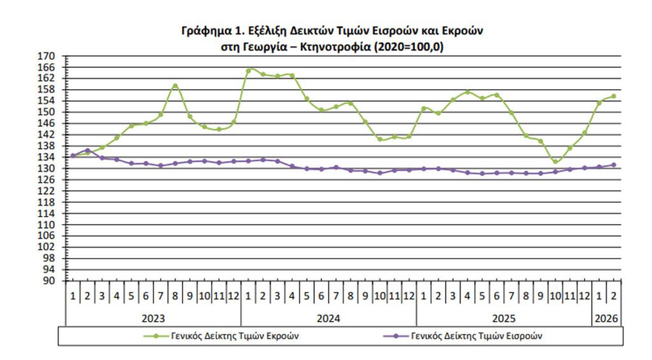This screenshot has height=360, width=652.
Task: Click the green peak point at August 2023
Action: pyautogui.click(x=175, y=85)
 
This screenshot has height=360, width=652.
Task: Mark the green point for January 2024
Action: pyautogui.click(x=248, y=70)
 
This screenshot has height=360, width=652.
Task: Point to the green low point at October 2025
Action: pyautogui.click(x=555, y=162)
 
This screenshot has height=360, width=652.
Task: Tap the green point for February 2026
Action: pyautogui.click(x=614, y=96)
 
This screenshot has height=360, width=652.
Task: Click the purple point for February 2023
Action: pyautogui.click(x=87, y=150)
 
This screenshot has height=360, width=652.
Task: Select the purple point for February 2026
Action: pyautogui.click(x=614, y=164)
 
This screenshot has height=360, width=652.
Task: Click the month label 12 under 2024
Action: pyautogui.click(x=409, y=296)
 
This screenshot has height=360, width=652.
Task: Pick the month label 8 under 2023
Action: pyautogui.click(x=175, y=296)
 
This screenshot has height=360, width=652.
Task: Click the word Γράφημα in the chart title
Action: pyautogui.click(x=201, y=31)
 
